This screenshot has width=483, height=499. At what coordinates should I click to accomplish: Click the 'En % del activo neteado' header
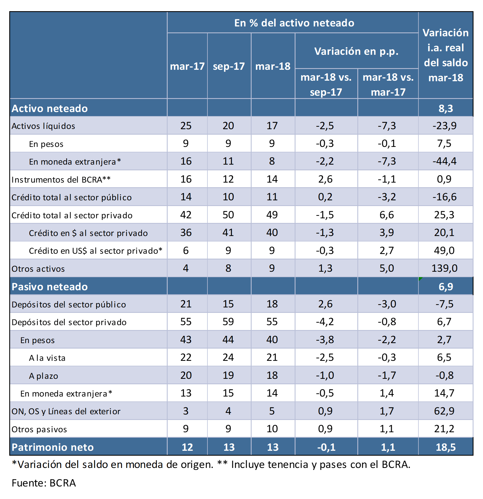pos(294,23)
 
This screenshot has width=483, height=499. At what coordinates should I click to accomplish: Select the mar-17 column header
pos(187,66)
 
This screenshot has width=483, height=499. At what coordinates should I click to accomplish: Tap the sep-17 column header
pos(229,66)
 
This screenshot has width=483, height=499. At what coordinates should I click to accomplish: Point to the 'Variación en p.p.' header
pos(356,51)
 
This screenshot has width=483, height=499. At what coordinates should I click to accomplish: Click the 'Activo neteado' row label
pos(50,108)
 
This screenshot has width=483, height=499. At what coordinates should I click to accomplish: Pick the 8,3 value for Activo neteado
pos(446,108)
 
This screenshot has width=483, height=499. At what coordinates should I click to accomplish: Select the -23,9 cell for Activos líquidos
pos(445,126)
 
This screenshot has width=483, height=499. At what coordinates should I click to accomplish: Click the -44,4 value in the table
pos(445,161)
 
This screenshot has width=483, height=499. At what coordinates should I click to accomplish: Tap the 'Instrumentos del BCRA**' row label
pos(61,180)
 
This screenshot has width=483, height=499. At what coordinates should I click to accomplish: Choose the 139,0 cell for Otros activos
pos(445,268)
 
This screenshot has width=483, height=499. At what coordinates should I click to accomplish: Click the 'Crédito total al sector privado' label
pos(72,215)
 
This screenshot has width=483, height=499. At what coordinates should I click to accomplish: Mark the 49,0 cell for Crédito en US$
pos(444,250)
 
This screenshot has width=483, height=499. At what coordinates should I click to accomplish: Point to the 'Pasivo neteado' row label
pos(50,287)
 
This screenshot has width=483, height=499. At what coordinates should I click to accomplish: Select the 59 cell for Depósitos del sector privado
pos(228,322)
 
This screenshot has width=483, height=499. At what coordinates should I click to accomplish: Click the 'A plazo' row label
pos(44,376)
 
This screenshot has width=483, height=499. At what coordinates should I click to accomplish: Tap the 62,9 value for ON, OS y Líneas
pos(444,411)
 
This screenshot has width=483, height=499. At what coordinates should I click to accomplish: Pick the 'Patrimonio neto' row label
pos(53,447)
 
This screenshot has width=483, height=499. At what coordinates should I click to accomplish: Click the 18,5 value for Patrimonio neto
pos(446,447)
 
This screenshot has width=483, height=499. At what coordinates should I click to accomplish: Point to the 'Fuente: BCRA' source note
pos(44,483)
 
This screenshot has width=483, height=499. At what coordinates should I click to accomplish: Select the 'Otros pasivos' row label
pos(39,429)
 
